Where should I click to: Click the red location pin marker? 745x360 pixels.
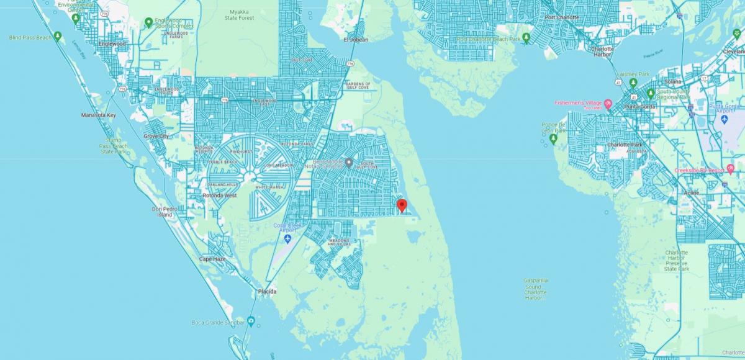pyautogui.click(x=402, y=205)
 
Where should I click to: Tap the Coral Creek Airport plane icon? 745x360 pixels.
pyautogui.click(x=287, y=239)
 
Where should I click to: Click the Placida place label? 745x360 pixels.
pyautogui.click(x=268, y=291)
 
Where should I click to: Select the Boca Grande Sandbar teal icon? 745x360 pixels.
pyautogui.click(x=250, y=321)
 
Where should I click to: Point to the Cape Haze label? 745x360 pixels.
pyautogui.click(x=213, y=259)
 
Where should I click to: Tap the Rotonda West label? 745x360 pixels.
pyautogui.click(x=219, y=196)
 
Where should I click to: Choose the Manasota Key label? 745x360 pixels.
pyautogui.click(x=99, y=115)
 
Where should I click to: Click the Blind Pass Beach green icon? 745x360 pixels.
pyautogui.click(x=58, y=37)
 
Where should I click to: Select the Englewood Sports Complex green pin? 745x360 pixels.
pyautogui.click(x=148, y=23)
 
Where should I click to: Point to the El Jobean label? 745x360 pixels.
pyautogui.click(x=356, y=40)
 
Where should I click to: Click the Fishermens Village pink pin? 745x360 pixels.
pyautogui.click(x=608, y=104)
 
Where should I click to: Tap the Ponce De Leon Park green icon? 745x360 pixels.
pyautogui.click(x=553, y=140)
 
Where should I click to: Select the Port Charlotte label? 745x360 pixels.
pyautogui.click(x=562, y=17)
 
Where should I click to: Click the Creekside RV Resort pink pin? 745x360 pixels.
pyautogui.click(x=730, y=169)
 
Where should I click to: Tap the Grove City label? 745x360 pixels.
pyautogui.click(x=156, y=136)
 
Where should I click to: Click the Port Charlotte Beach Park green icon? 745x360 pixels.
pyautogui.click(x=526, y=38)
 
